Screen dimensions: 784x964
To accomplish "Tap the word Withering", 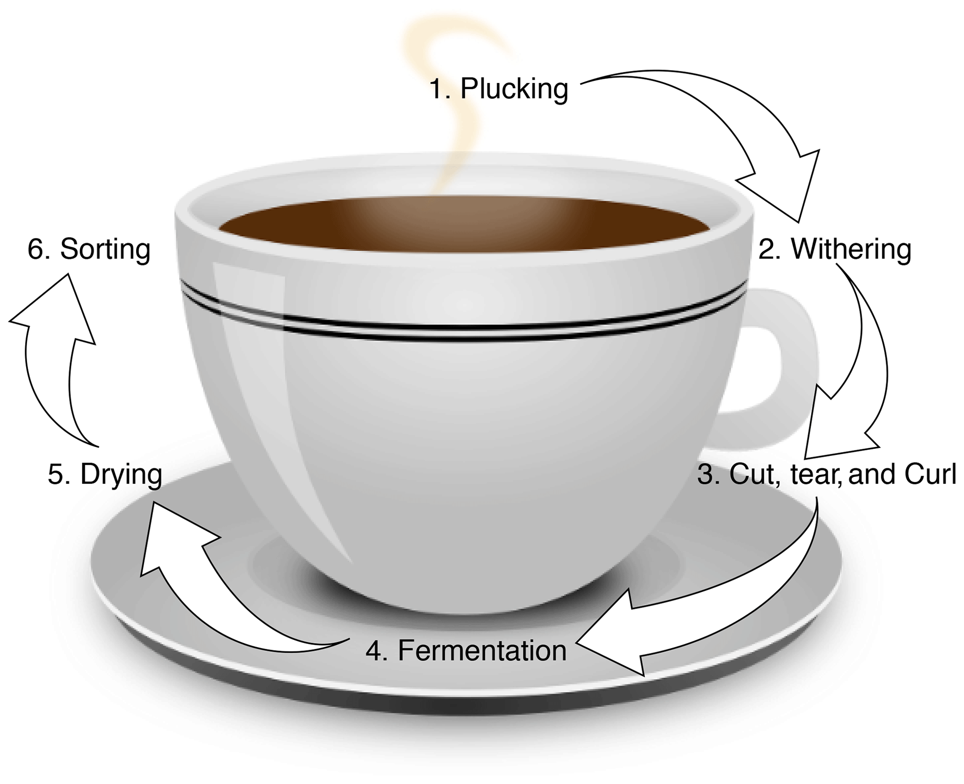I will point(851,249).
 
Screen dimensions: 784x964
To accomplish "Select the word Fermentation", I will point(482,651).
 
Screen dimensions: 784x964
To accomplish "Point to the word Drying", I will point(121,475).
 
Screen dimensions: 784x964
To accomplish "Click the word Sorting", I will point(105,249).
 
